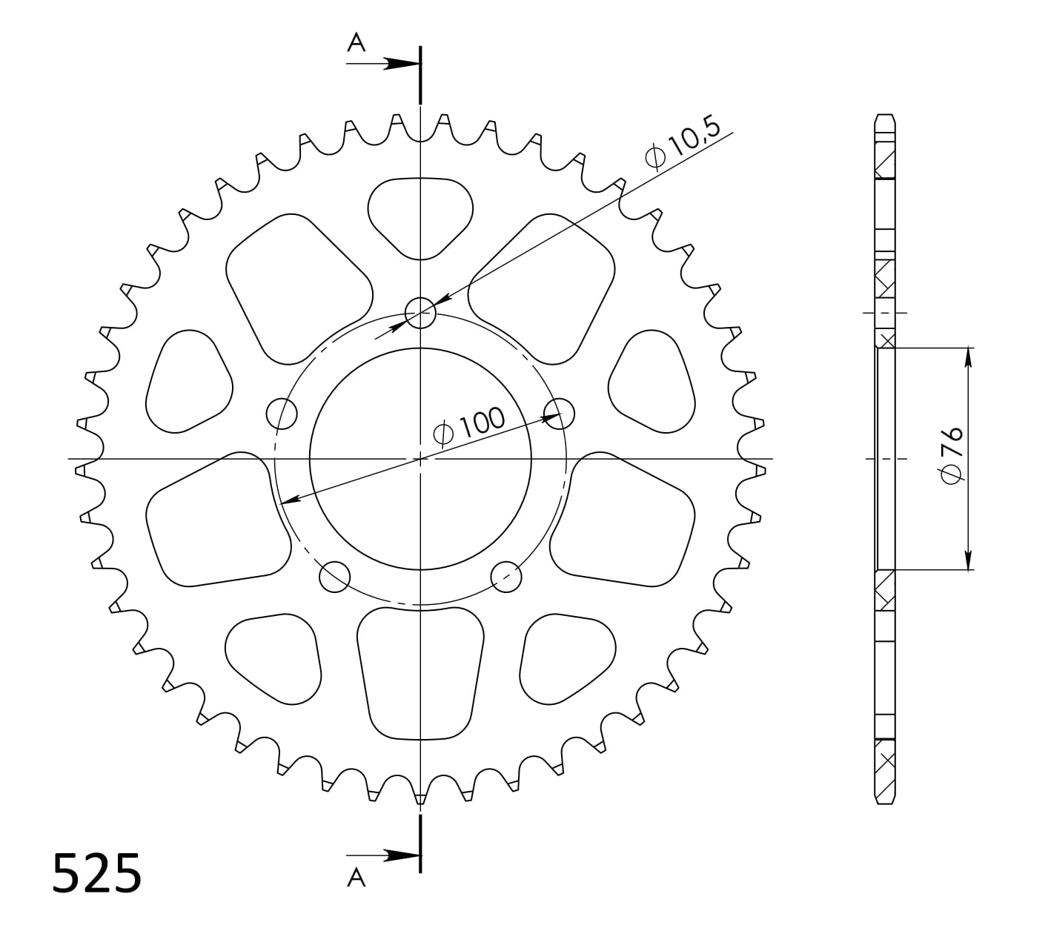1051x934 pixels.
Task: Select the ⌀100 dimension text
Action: [468, 427]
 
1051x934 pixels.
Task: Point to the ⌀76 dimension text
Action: [952, 455]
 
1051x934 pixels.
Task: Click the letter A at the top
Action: [357, 44]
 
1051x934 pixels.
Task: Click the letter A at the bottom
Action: [357, 878]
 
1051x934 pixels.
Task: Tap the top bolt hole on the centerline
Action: [420, 312]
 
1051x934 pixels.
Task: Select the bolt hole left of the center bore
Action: [281, 413]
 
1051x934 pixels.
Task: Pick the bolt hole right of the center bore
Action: [560, 413]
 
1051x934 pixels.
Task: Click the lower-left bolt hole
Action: [334, 577]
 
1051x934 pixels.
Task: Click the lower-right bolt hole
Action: [506, 577]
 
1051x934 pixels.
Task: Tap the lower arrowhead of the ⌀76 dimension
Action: [968, 560]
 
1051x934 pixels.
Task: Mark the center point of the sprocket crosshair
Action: [420, 459]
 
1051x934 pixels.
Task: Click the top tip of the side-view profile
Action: [886, 116]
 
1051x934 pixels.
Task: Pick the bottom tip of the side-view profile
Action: [886, 804]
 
